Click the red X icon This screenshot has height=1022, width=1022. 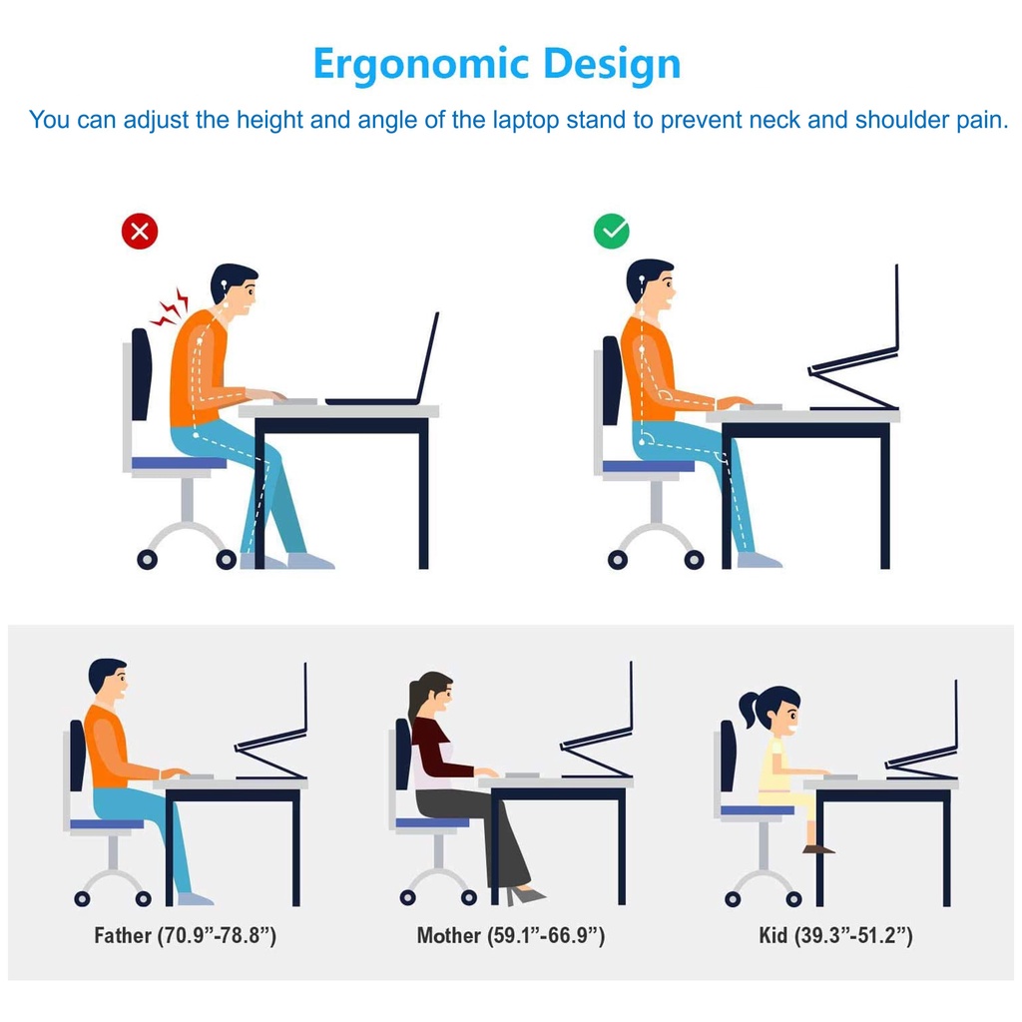(x=140, y=232)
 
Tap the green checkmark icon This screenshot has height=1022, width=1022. (x=612, y=232)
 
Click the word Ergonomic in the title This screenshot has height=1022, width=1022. (x=420, y=65)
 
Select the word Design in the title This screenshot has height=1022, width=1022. (x=612, y=65)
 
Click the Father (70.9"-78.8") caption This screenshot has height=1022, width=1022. (x=185, y=936)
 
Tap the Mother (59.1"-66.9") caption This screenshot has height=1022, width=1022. (x=511, y=936)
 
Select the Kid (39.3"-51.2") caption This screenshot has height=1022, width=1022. (x=835, y=936)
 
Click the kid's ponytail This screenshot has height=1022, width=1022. (x=749, y=710)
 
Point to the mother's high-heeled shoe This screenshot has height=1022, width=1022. (x=525, y=895)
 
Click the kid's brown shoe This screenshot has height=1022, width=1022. (x=818, y=848)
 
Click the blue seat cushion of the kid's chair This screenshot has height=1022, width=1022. (x=758, y=810)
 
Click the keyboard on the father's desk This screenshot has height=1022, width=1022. (x=197, y=776)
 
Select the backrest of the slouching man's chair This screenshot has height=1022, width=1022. (x=142, y=374)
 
